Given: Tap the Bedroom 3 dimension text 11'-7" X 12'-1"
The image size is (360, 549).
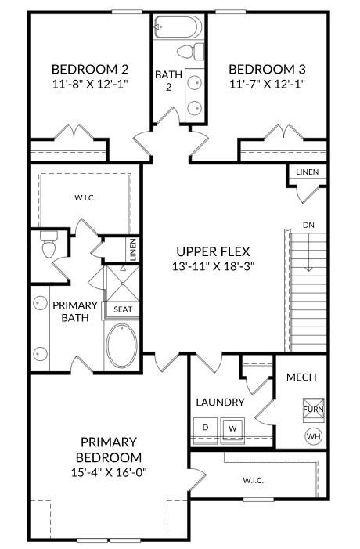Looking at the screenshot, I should tap(266, 81).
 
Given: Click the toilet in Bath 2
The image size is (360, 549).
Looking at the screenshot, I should tap(186, 52).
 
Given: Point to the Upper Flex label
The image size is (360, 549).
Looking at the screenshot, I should tap(213, 251).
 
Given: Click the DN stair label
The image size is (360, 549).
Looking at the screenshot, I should tap(309, 226).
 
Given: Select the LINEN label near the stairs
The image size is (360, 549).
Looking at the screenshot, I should tap(307, 172).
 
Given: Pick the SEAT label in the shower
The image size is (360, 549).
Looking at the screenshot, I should tap(123, 309).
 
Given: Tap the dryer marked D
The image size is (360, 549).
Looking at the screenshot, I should tap(206, 428).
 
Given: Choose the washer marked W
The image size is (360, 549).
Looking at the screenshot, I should tap(232, 428).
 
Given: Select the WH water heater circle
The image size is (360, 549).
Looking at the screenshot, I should tap(312, 435).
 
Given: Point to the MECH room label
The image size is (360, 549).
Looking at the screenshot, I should tap(301, 377).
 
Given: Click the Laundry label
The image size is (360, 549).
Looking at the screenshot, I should tap(220, 403).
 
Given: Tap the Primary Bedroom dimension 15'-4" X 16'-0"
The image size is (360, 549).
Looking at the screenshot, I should tap(109, 472).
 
